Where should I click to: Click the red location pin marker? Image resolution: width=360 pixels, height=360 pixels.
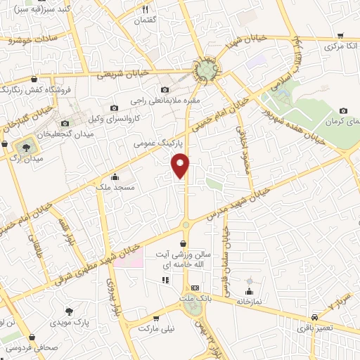point(181,165)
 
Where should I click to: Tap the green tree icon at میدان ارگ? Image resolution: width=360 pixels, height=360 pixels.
point(25,147)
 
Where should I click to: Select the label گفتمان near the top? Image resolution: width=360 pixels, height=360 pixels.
point(146,21)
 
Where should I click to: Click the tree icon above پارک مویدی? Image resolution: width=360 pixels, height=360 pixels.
point(69,311)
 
